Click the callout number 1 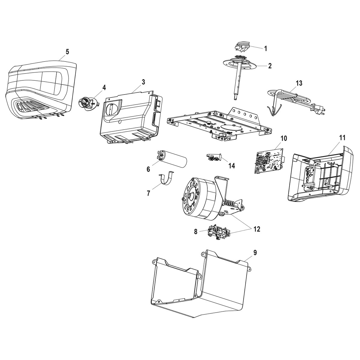pos(265,48)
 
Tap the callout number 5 pos(67,52)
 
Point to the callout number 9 pos(255,253)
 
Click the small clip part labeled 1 pos(242,47)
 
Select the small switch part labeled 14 pos(214,157)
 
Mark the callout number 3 pos(143,82)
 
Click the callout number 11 pos(342,138)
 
